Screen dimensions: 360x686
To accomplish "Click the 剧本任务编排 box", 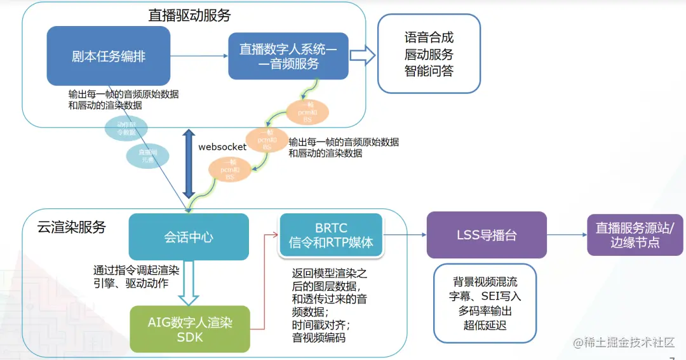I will pyautogui.click(x=109, y=56).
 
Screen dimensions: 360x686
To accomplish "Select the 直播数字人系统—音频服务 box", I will pyautogui.click(x=288, y=56).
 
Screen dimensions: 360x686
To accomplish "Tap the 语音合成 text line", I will pyautogui.click(x=429, y=37).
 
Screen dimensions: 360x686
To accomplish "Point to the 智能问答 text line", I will pyautogui.click(x=429, y=71).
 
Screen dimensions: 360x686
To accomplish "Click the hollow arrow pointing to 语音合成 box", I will pyautogui.click(x=363, y=56).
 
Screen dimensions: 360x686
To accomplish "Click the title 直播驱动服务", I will pyautogui.click(x=189, y=15).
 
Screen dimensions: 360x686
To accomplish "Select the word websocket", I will pyautogui.click(x=222, y=147).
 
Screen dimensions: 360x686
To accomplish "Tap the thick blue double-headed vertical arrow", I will pyautogui.click(x=189, y=164).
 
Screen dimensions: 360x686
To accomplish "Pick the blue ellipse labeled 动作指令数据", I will pyautogui.click(x=126, y=128).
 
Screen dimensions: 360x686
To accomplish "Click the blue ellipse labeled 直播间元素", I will pyautogui.click(x=147, y=156).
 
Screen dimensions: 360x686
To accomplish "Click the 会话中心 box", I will pyautogui.click(x=189, y=237).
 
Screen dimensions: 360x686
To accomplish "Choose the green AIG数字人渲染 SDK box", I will pyautogui.click(x=190, y=329).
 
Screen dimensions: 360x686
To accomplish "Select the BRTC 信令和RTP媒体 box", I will pyautogui.click(x=330, y=235).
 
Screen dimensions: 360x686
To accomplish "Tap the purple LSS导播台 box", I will pyautogui.click(x=487, y=235).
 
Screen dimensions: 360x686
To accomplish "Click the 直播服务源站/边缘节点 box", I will pyautogui.click(x=635, y=235).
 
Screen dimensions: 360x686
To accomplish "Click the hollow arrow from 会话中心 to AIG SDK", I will pyautogui.click(x=189, y=283).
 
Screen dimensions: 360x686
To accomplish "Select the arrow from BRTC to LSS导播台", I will pyautogui.click(x=405, y=235).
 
